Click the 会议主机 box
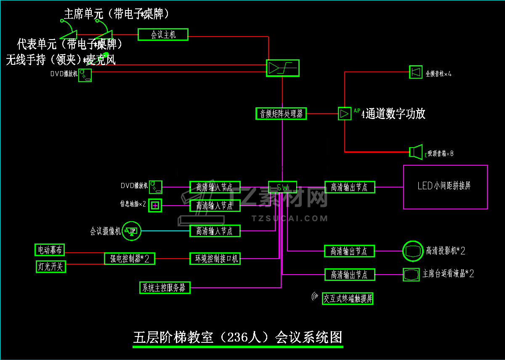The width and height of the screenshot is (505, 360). coord(163,34)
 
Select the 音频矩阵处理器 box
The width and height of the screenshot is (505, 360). coord(281,114)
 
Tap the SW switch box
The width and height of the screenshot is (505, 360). coord(282,187)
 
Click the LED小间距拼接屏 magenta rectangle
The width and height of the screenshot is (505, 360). coord(445,187)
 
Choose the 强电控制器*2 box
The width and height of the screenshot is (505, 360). coord(130,259)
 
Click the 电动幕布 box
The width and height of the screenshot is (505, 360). coord(50,250)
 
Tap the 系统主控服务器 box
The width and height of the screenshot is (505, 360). coord(165,288)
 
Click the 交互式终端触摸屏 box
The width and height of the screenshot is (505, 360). coord(348,299)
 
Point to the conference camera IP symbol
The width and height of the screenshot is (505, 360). coord(132,231)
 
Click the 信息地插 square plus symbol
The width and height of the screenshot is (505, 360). coord(155,205)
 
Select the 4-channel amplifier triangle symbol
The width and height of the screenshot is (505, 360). coord(344,114)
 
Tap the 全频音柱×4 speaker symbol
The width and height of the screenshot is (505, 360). coord(416,72)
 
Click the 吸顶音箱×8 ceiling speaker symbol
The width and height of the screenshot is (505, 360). coord(416,152)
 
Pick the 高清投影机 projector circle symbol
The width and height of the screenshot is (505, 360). coord(413,251)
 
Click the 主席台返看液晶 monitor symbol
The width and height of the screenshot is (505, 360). coord(411,275)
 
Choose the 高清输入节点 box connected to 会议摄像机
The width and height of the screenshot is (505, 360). coord(215,231)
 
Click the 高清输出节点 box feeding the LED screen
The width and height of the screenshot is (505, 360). coord(349,187)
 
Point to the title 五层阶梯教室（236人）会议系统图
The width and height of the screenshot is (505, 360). coord(238,337)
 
